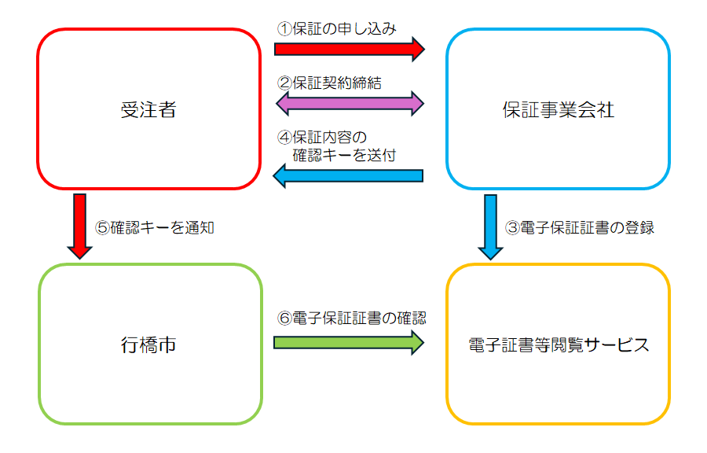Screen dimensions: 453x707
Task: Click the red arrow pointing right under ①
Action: [349, 49]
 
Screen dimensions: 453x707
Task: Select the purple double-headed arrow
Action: [349, 101]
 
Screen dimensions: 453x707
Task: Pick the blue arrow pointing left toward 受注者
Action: [349, 176]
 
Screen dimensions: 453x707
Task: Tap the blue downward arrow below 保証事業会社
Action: [490, 226]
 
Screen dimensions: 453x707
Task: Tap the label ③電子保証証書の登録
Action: [579, 228]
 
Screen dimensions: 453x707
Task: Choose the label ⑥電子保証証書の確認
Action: [351, 319]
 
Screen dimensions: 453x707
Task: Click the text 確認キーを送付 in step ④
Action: [344, 155]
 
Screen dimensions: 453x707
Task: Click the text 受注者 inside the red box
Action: [148, 109]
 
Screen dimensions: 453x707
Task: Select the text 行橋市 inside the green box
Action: [148, 344]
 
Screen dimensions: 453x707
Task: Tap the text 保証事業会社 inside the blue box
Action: [558, 109]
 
